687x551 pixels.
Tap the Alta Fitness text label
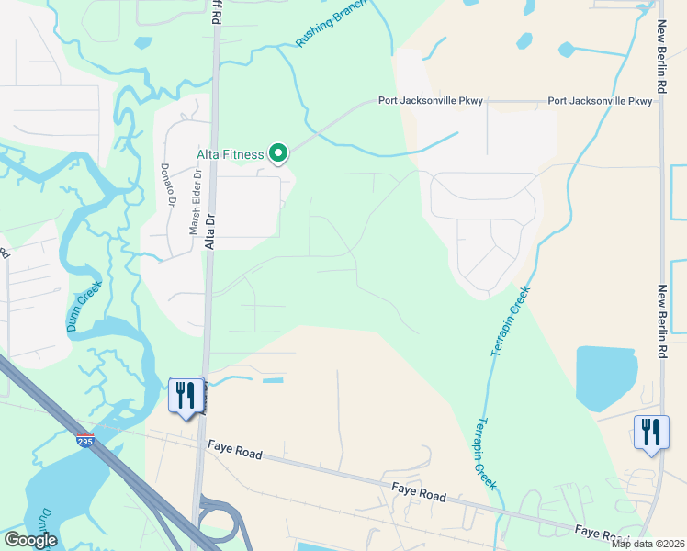[231, 154]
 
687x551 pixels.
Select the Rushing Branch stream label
[331, 25]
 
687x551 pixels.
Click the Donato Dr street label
[168, 184]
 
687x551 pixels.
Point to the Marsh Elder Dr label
[195, 207]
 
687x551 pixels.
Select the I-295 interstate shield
[84, 441]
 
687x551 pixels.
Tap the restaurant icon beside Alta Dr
[186, 396]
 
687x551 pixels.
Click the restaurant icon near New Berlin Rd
[650, 433]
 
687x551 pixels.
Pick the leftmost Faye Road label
[235, 454]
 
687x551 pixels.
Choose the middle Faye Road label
[418, 495]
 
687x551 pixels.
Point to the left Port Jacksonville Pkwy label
[431, 101]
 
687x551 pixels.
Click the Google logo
[29, 540]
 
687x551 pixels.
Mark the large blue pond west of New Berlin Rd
[605, 377]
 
